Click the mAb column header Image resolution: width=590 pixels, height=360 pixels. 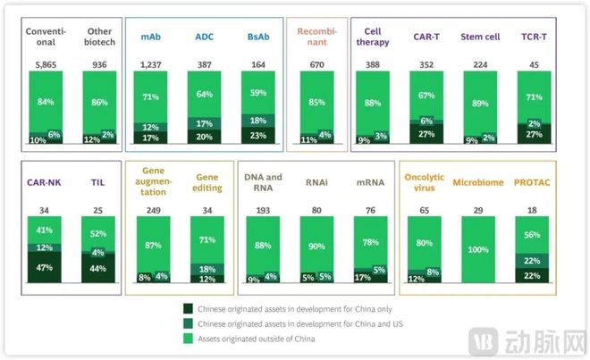151,38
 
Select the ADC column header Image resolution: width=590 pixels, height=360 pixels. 206,38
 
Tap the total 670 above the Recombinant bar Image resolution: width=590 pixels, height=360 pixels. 317,64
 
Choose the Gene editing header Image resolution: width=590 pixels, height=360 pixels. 207,182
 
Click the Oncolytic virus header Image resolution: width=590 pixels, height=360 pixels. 425,182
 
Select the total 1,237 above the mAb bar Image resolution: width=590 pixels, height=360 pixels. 151,64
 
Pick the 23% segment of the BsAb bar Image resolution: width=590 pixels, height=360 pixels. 259,135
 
